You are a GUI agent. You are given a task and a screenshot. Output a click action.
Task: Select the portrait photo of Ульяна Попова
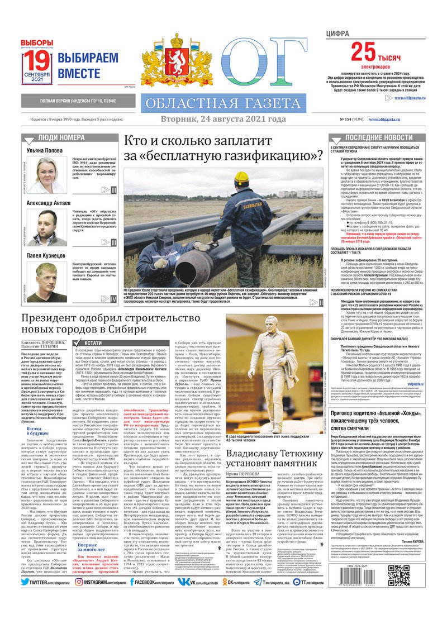47,175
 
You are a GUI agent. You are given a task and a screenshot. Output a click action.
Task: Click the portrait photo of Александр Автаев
47,228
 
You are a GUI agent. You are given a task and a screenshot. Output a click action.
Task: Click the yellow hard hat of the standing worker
241,179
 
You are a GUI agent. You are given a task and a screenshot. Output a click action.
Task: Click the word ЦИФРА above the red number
338,34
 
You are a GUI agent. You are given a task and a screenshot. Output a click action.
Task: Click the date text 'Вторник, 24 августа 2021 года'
223,119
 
